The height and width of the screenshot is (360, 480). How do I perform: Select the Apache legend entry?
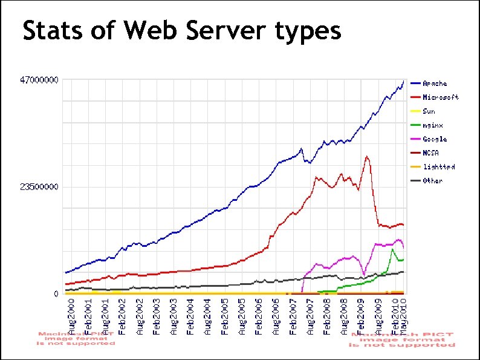click(x=435, y=83)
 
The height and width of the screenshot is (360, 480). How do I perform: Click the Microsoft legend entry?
click(x=440, y=97)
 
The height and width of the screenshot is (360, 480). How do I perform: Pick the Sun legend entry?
click(x=429, y=111)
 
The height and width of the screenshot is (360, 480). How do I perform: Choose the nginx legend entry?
click(x=432, y=125)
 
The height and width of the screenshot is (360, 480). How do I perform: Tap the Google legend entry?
click(x=435, y=139)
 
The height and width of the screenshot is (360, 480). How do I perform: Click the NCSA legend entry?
click(x=430, y=153)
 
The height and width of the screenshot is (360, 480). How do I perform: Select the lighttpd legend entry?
click(x=438, y=167)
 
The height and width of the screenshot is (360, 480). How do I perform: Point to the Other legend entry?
click(x=432, y=181)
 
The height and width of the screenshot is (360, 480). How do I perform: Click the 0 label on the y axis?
click(x=56, y=294)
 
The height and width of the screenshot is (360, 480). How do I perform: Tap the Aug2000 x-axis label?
click(x=72, y=315)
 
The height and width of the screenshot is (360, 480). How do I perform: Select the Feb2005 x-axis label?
click(x=225, y=315)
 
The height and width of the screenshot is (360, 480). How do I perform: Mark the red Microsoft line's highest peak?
click(x=366, y=156)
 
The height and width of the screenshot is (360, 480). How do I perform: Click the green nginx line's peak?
click(x=393, y=249)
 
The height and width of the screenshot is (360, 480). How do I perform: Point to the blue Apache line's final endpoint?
click(x=404, y=80)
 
